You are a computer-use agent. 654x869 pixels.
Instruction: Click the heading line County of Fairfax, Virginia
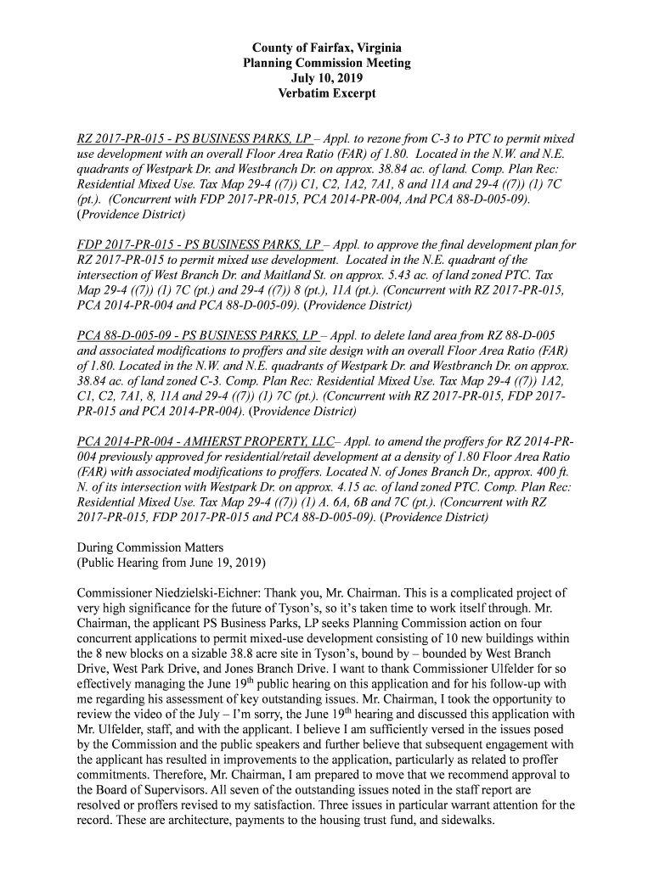(x=327, y=48)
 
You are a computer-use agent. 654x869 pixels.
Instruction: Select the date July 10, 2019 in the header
(x=327, y=78)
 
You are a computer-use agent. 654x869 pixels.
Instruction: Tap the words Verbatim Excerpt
(x=327, y=93)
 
